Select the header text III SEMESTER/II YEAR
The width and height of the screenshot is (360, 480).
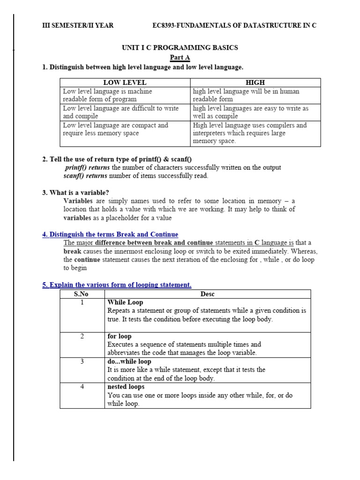coord(78,25)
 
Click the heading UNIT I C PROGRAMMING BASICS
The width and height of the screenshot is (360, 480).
coord(180,48)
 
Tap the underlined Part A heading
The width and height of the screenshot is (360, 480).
coord(180,58)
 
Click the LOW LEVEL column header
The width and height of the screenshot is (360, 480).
coord(125,82)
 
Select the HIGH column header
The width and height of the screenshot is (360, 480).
coord(255,82)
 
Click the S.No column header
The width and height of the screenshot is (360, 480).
coord(82,294)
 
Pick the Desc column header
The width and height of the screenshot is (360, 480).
coord(207,294)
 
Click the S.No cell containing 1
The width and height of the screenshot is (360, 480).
coord(82,303)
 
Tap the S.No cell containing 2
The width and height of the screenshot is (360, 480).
coord(82,337)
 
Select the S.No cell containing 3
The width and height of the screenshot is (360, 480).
coord(82,362)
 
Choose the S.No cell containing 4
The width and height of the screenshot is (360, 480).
coord(82,387)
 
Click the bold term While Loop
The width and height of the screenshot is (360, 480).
coord(125,303)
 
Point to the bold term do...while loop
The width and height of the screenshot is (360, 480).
coord(129,362)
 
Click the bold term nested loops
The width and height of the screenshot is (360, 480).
coord(126,387)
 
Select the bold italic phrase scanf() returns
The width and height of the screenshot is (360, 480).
coord(85,176)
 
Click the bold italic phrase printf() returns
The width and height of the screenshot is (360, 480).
coord(87,168)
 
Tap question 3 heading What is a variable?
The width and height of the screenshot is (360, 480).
coord(75,193)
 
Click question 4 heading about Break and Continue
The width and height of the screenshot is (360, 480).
coord(110,234)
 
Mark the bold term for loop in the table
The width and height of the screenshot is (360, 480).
coord(120,337)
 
